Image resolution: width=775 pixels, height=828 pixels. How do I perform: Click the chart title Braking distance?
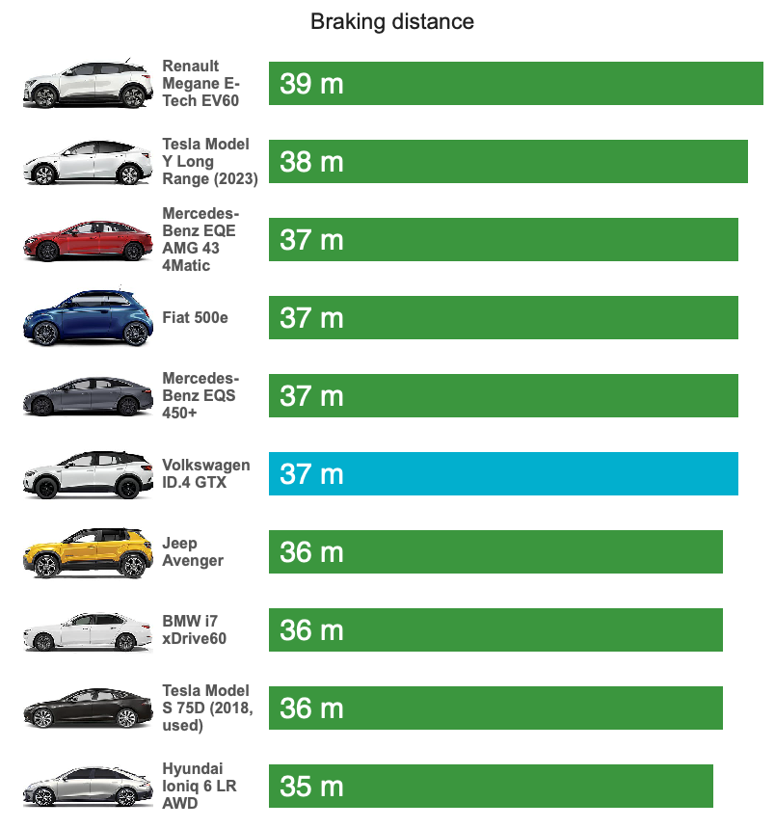pos(391,21)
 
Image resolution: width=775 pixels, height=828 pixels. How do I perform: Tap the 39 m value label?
pos(311,84)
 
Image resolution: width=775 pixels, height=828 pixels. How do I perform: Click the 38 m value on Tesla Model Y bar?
pos(311,162)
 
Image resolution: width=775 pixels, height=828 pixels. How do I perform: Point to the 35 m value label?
pos(311,787)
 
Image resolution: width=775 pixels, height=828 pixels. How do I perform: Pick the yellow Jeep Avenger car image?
pos(88,553)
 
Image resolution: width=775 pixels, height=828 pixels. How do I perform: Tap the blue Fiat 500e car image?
pos(88,318)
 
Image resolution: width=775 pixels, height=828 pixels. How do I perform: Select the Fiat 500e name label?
pos(195,317)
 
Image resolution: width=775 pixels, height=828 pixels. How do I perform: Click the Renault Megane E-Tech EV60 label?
pos(202,83)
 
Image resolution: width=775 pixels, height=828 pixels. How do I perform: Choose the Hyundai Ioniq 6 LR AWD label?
pos(200,786)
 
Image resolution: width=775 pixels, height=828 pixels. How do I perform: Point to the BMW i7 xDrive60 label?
pos(195,629)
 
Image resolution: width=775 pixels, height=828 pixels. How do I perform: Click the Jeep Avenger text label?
pos(193,551)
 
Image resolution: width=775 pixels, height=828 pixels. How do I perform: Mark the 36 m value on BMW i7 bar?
pos(311,630)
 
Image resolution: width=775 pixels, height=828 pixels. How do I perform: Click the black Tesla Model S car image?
pos(88,709)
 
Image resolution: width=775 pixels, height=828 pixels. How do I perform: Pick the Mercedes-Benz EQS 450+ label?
pos(200,395)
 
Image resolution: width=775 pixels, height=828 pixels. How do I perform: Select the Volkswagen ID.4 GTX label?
pos(205,473)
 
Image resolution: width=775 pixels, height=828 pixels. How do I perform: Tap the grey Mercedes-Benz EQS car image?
pos(88,396)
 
